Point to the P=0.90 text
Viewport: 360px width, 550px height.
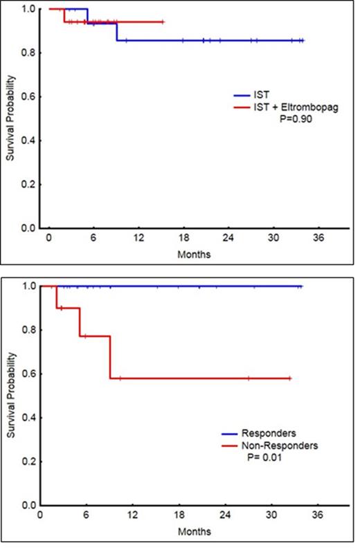point(293,119)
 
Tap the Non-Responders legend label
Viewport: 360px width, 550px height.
point(280,446)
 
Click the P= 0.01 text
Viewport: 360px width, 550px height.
point(267,457)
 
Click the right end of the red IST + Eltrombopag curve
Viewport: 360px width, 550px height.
point(163,22)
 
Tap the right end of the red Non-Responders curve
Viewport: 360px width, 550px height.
point(290,378)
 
